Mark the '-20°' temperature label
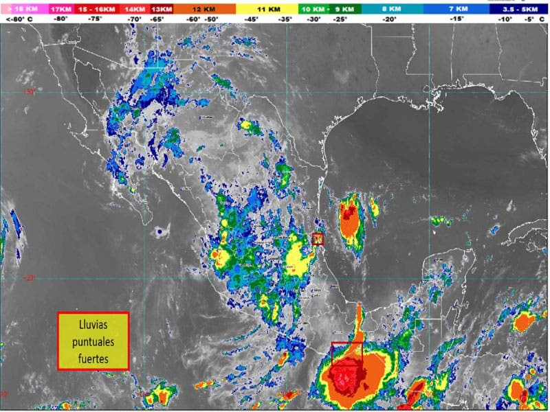click(x=390, y=20)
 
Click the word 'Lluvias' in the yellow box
click(x=93, y=327)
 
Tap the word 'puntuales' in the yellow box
click(x=93, y=341)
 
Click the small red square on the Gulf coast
click(x=318, y=239)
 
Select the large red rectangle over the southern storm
click(x=346, y=353)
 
